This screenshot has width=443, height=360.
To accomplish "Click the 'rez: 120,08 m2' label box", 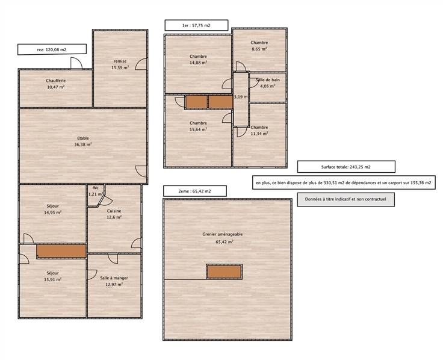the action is point(52,49).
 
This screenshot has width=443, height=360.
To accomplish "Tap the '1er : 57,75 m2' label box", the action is point(196,25).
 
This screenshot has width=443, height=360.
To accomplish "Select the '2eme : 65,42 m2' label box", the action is point(194,191).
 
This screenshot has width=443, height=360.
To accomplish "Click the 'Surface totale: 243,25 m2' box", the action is point(346,167).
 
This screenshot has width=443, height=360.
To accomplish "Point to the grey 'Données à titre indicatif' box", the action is point(346,199).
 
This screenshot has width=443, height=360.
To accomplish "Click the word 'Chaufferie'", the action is point(55,81).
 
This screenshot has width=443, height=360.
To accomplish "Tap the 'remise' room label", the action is point(120,61).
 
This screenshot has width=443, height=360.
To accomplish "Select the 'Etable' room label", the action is point(83,138).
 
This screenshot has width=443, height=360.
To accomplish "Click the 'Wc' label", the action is point(96,188).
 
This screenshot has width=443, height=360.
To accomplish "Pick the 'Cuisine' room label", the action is point(114,211).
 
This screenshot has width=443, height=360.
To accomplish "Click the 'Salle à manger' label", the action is point(114,278).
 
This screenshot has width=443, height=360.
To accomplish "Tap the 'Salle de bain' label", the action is point(268,80).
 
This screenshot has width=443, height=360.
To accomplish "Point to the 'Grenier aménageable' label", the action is point(223,234).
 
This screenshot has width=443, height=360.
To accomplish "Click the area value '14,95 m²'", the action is point(53,213).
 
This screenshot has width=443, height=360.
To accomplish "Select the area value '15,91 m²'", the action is point(53,279).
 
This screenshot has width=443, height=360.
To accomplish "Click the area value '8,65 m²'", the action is point(259,49).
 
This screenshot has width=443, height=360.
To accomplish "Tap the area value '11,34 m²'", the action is point(259,134).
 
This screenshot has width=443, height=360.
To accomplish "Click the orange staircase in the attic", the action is point(224,272).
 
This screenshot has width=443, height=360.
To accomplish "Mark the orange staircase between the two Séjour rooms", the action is point(61,251).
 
